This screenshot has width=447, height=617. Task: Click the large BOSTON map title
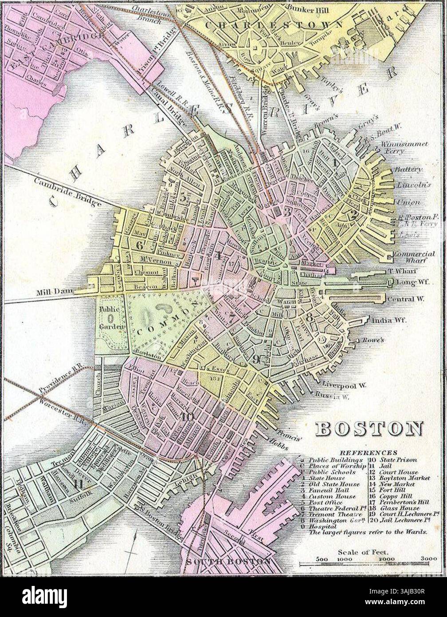369,429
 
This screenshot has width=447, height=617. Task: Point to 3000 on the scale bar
429,559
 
